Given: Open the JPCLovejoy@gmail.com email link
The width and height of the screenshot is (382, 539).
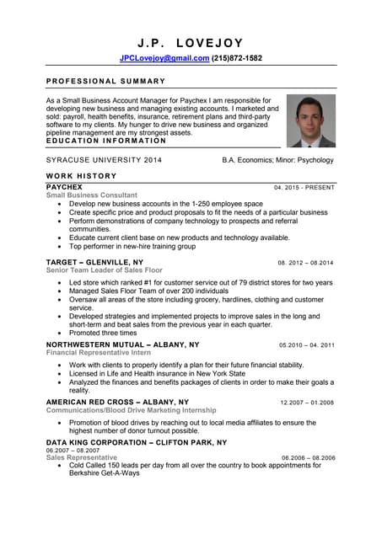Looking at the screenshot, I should (164, 58).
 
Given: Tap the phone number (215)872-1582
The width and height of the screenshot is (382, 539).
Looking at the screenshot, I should (237, 58).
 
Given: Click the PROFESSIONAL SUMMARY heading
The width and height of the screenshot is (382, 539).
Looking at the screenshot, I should (105, 81).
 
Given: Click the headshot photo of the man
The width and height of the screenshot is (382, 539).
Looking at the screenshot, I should (310, 120).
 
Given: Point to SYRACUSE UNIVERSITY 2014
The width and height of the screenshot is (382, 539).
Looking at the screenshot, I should (104, 160).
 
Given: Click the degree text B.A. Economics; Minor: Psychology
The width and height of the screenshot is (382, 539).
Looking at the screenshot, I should (277, 160).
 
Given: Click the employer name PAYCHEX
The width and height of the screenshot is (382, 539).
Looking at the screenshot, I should (64, 186).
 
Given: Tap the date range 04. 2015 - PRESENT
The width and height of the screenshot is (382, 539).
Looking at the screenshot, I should (304, 187).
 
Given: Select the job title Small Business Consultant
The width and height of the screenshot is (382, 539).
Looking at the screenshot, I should (91, 195).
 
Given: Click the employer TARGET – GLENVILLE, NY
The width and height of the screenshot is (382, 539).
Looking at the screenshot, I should (94, 262).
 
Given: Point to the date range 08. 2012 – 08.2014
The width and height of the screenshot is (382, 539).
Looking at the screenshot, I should (305, 263).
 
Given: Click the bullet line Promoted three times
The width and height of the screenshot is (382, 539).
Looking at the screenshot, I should (103, 334).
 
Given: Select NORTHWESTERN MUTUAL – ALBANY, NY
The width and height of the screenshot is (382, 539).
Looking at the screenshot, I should (122, 344).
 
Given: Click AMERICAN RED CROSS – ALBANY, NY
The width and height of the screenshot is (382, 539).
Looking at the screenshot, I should (117, 403).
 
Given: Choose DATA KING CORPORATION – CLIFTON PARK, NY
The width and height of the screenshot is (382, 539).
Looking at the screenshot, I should (136, 442).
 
